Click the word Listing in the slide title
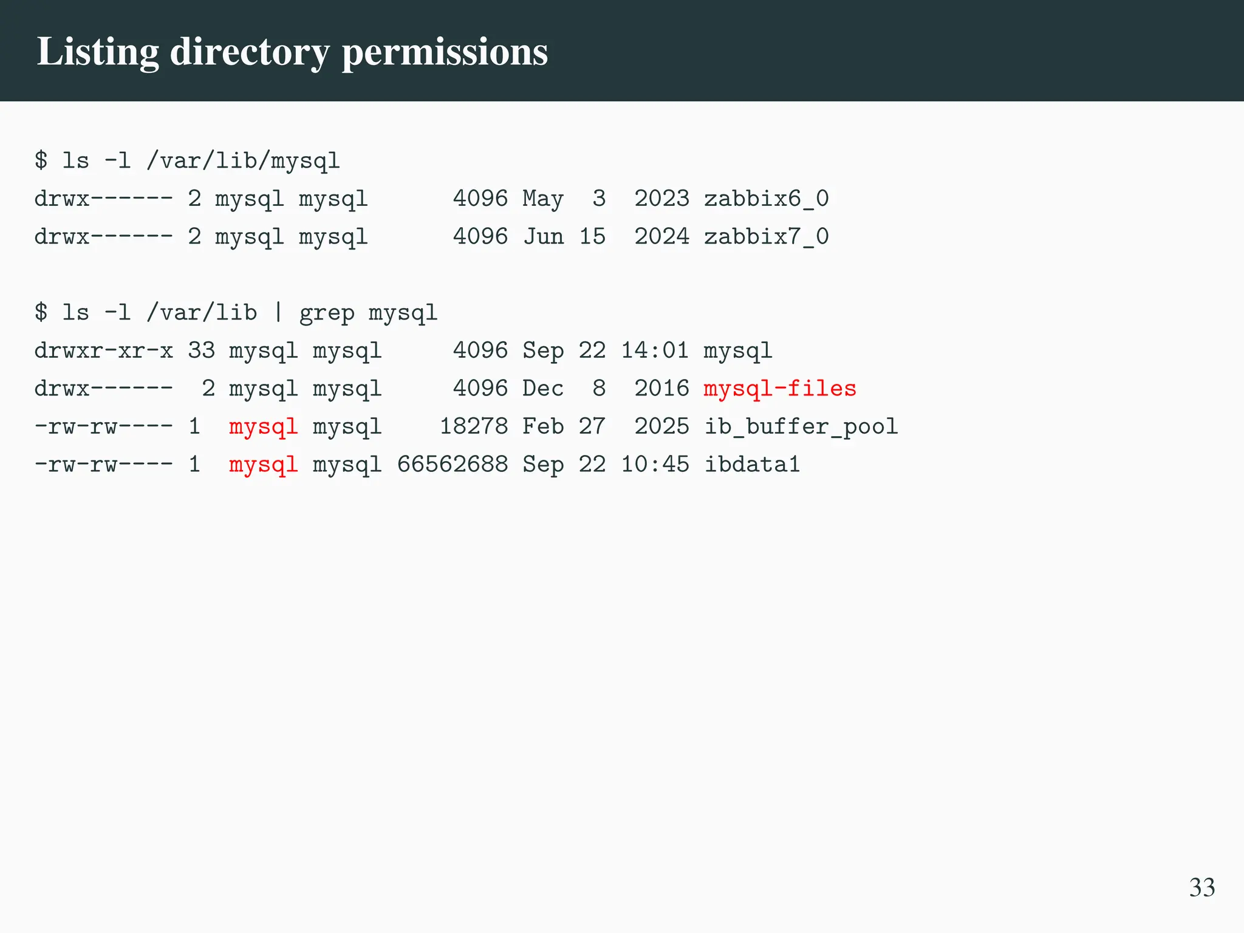(x=98, y=52)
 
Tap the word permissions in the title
(x=445, y=52)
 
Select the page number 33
(x=1201, y=887)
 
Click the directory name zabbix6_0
(x=766, y=199)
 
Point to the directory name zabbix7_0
(x=766, y=236)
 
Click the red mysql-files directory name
(x=780, y=388)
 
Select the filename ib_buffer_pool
(x=801, y=426)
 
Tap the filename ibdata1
(x=752, y=465)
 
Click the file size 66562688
(x=453, y=465)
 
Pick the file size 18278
(x=473, y=426)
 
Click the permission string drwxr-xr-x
(x=103, y=350)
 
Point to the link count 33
(x=202, y=350)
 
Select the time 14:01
(x=655, y=350)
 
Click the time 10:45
(x=655, y=465)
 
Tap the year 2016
(x=661, y=388)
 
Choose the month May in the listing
(x=543, y=199)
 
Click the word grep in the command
(x=327, y=313)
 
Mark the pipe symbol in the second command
(x=278, y=312)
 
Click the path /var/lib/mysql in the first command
(x=243, y=161)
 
